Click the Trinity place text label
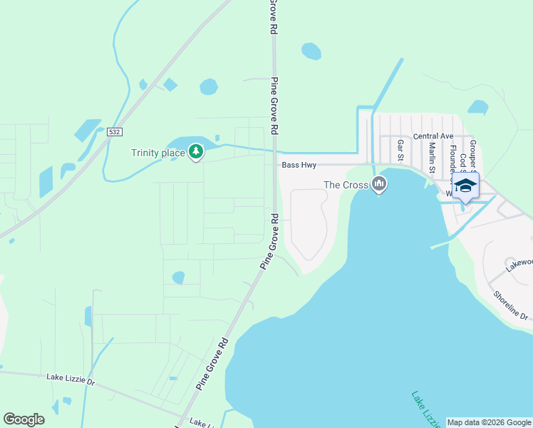click(x=157, y=153)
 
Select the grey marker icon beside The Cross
click(x=379, y=185)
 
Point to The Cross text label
click(x=346, y=185)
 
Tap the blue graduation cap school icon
click(x=465, y=186)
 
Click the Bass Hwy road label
click(x=299, y=165)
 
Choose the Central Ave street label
click(x=433, y=136)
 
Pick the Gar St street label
click(x=400, y=151)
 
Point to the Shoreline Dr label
click(x=511, y=305)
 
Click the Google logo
click(x=24, y=419)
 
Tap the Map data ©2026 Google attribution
click(x=489, y=422)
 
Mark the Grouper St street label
click(x=472, y=155)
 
